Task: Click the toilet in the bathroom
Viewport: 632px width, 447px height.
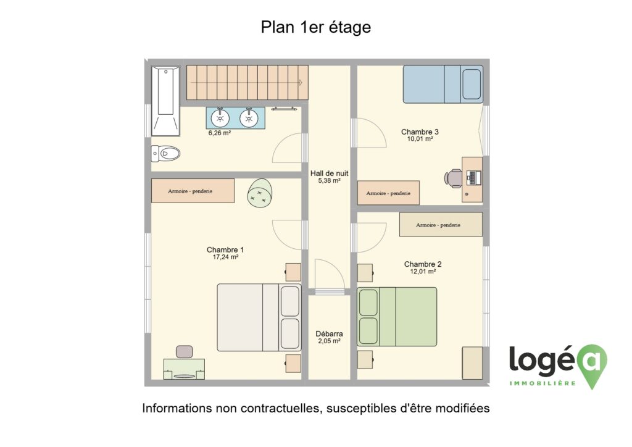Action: tap(165, 153)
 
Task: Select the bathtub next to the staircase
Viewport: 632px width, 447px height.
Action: tap(165, 101)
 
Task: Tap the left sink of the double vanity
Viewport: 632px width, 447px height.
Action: tap(220, 118)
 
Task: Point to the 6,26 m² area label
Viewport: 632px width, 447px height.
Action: tap(220, 133)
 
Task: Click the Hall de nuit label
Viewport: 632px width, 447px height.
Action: tap(330, 173)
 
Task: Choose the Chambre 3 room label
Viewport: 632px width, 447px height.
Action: tap(420, 132)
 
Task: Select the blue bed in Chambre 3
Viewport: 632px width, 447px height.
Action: tap(443, 84)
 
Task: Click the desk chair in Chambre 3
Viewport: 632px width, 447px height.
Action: tap(454, 178)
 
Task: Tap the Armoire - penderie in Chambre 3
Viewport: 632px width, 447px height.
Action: tap(388, 193)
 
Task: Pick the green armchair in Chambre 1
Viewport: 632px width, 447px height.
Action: tap(260, 193)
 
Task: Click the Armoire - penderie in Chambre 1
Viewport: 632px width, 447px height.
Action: tap(193, 191)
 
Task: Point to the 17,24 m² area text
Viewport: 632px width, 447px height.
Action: tap(225, 257)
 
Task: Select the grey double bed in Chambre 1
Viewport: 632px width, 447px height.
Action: tap(259, 317)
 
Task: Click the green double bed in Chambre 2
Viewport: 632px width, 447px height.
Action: tap(397, 316)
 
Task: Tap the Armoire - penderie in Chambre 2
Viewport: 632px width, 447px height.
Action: tap(441, 225)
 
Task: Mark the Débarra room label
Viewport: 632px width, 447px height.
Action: tap(330, 334)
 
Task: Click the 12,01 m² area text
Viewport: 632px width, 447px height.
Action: tap(423, 271)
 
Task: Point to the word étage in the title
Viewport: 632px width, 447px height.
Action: tap(351, 27)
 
